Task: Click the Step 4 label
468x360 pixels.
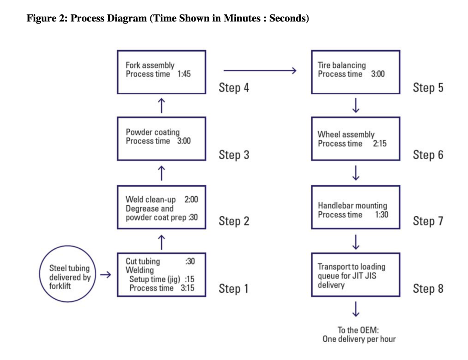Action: (x=234, y=87)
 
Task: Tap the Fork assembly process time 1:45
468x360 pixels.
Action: (x=184, y=74)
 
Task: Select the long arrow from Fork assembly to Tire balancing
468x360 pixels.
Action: (x=260, y=70)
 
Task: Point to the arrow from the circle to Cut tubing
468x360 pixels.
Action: (x=105, y=275)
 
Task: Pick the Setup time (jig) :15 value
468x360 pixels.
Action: (x=190, y=279)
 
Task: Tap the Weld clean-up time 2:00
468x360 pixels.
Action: (x=191, y=199)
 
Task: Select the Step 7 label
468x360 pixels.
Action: (x=428, y=221)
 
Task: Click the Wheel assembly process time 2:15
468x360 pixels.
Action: (x=380, y=144)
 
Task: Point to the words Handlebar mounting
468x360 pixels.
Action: (x=352, y=205)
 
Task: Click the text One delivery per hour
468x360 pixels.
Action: (x=359, y=339)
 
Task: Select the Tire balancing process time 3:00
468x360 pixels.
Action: (x=378, y=74)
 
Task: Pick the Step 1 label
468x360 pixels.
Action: (x=234, y=289)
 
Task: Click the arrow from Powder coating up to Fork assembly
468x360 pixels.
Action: (x=161, y=105)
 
